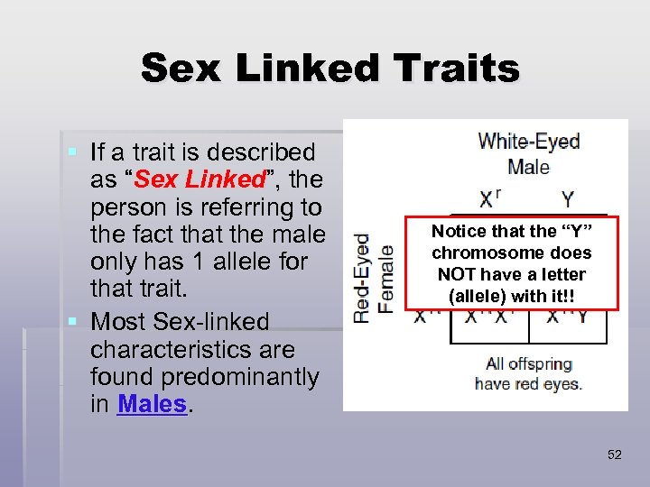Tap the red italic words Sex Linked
tap(195, 180)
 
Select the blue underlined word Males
tap(152, 404)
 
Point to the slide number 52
tap(615, 455)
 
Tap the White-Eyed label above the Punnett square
tap(528, 142)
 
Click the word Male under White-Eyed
tap(528, 167)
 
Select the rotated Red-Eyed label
tap(363, 277)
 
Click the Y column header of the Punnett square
tap(568, 198)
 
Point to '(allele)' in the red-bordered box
tap(469, 295)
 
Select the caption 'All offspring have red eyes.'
tap(528, 373)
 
